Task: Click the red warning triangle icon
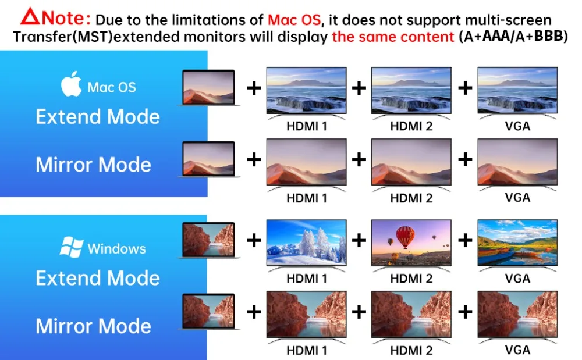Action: click(30, 17)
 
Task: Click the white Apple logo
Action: click(71, 84)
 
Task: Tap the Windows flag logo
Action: click(71, 247)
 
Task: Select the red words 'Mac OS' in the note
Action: click(294, 20)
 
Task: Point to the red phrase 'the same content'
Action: click(393, 37)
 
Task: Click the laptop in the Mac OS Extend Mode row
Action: click(208, 88)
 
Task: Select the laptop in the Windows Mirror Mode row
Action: click(208, 311)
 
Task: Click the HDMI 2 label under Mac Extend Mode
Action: click(411, 126)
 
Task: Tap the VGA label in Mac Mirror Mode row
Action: click(517, 198)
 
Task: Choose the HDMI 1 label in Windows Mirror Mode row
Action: click(307, 350)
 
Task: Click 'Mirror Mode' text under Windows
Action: click(94, 326)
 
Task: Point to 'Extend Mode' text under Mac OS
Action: click(98, 117)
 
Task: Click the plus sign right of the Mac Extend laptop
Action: click(254, 88)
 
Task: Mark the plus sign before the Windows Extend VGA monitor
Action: click(465, 241)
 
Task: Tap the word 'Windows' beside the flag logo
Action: click(116, 249)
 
